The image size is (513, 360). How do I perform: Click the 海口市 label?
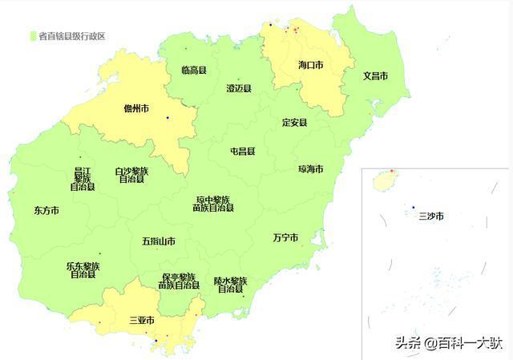[310, 64]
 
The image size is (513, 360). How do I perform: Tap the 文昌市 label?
[375, 76]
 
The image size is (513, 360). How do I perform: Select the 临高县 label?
[194, 71]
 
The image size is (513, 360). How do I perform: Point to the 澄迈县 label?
[240, 89]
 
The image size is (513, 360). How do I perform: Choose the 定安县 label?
[294, 123]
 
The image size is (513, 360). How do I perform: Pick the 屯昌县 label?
[242, 151]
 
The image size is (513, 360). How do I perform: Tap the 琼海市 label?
[310, 169]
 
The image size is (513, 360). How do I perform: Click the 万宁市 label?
[285, 238]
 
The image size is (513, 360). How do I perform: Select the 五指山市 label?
[159, 241]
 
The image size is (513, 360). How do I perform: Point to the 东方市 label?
[46, 210]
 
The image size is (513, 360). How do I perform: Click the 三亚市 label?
[142, 321]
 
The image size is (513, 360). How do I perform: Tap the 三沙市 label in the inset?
[430, 216]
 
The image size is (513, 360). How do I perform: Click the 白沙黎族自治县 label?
[131, 175]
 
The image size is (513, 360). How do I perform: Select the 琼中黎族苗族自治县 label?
[212, 204]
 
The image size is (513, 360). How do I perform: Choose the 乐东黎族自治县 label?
[83, 269]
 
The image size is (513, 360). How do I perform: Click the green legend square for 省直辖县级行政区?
[33, 35]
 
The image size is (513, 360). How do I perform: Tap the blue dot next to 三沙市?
[414, 207]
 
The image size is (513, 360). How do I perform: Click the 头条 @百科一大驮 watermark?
[447, 343]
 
